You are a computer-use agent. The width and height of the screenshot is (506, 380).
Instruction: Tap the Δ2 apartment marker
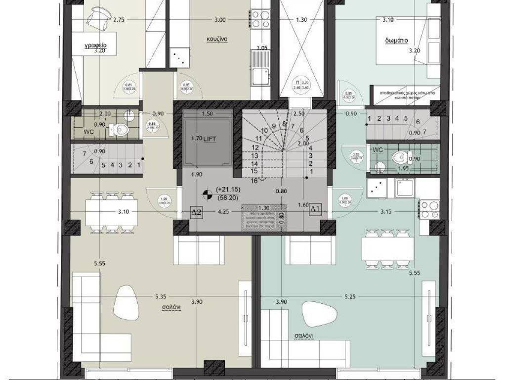tap(197, 212)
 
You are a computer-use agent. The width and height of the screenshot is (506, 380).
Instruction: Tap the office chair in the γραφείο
tap(98, 18)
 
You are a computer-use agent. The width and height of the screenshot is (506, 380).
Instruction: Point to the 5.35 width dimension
tap(160, 297)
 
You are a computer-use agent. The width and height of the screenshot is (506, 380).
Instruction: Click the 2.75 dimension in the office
tap(119, 20)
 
